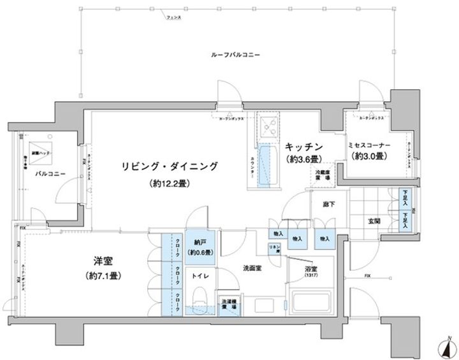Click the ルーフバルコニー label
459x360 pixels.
click(235, 56)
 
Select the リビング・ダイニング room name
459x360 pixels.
click(170, 167)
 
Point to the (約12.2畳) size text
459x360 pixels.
click(170, 184)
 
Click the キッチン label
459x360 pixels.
click(302, 145)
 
